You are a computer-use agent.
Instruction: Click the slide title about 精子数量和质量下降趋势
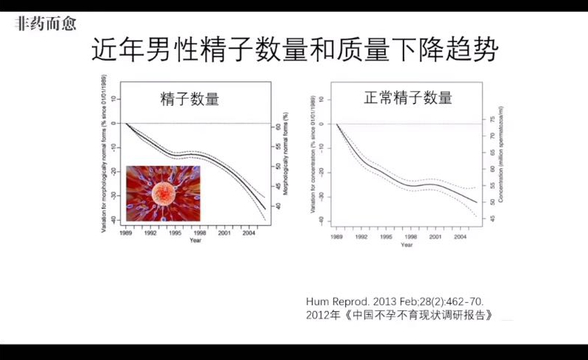point(294,50)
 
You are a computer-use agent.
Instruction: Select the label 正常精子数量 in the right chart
point(407,98)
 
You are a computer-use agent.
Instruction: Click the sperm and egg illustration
point(163,193)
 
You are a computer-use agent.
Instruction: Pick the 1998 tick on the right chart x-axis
point(412,237)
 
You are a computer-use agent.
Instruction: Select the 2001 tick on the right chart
point(435,237)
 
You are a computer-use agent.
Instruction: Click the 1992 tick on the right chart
point(362,237)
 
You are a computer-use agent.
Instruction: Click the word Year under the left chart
point(195,241)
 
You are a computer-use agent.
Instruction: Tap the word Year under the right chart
point(407,244)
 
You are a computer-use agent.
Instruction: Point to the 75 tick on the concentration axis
point(490,119)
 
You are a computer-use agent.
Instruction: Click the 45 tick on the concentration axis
point(490,219)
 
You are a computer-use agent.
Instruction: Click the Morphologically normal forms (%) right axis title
point(285,156)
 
